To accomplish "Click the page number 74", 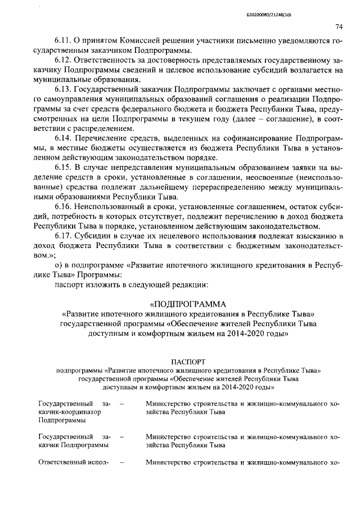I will (x=339, y=26).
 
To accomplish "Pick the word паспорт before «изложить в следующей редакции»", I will (x=70, y=284).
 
